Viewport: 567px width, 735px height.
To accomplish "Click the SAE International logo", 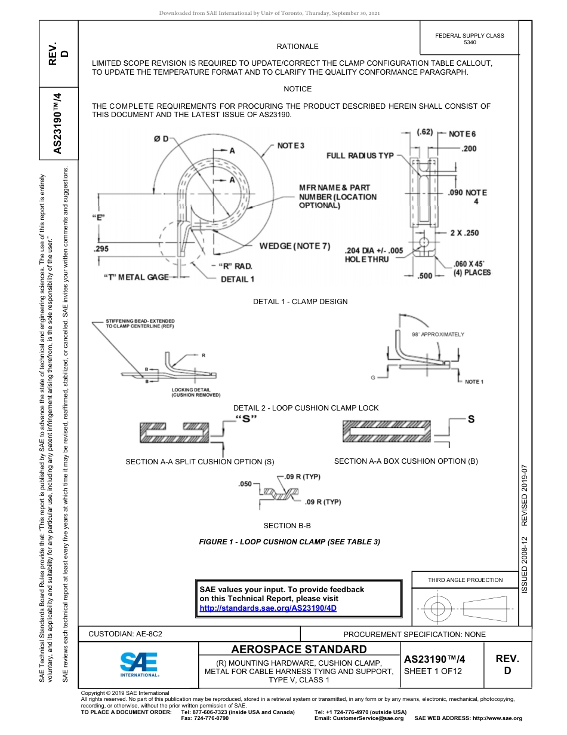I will pos(138,664).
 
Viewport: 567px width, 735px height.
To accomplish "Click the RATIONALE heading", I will pos(297,47).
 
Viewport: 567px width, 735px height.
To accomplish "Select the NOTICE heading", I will pos(297,89).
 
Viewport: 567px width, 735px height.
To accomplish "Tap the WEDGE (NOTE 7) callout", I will pos(294,246).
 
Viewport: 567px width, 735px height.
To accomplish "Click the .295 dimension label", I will pos(100,248).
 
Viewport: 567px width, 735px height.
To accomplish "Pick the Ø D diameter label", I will pos(161,139).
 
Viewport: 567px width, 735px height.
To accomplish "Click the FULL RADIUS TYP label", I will pos(360,155).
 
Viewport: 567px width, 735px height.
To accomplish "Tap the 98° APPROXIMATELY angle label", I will pos(437,335).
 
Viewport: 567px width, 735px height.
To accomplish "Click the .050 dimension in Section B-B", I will pos(245,483).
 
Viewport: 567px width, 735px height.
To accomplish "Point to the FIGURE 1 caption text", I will pos(289,542).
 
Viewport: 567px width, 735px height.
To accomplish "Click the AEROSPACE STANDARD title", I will pos(299,650).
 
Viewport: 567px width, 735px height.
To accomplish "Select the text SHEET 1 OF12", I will pos(433,671).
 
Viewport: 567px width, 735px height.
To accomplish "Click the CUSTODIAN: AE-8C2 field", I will pos(125,634).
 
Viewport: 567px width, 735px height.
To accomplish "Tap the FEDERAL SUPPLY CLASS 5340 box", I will pos(470,39).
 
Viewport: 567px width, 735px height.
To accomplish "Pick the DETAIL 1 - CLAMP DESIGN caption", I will pos(300,302).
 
